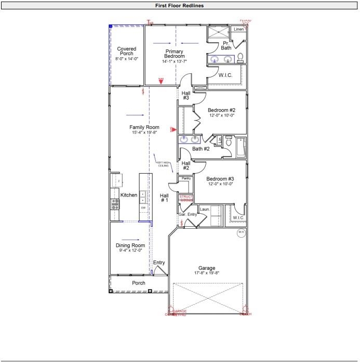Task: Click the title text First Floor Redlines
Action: point(179,6)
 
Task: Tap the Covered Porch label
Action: point(126,51)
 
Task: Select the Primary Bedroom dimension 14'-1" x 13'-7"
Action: point(175,61)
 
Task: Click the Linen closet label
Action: point(238,29)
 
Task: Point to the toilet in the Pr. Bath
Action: point(241,57)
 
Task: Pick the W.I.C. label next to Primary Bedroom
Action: point(225,75)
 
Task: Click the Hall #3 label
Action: point(185,95)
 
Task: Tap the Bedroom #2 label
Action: point(222,110)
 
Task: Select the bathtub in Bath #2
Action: point(242,148)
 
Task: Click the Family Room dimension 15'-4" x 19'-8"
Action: point(144,133)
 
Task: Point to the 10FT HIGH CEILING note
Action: point(163,164)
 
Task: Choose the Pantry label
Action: point(186,178)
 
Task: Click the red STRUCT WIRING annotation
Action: point(186,198)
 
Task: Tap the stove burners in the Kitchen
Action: point(115,204)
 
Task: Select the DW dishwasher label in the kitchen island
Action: point(143,207)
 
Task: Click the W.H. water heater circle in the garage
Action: point(241,232)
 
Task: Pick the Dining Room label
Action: point(130,246)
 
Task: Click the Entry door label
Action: point(159,263)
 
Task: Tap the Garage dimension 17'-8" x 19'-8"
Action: point(206,273)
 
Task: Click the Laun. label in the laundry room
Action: point(204,209)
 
